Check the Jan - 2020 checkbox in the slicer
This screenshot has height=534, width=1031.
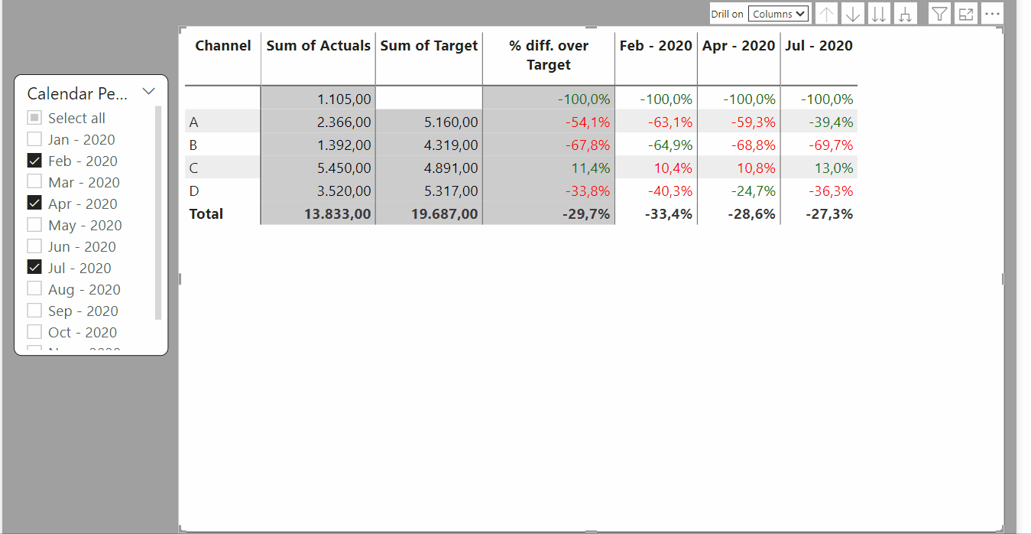pyautogui.click(x=34, y=139)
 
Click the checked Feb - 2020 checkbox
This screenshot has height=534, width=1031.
pyautogui.click(x=34, y=161)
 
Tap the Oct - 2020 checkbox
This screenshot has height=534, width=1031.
pyautogui.click(x=34, y=332)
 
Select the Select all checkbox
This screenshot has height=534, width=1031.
pyautogui.click(x=34, y=118)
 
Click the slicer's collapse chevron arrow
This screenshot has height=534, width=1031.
pyautogui.click(x=149, y=91)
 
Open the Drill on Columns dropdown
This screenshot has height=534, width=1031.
pyautogui.click(x=778, y=14)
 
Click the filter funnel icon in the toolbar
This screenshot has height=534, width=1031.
pyautogui.click(x=939, y=14)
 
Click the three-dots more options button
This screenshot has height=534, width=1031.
pyautogui.click(x=992, y=14)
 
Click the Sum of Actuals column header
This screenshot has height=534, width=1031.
pyautogui.click(x=318, y=46)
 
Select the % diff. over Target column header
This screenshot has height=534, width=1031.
pyautogui.click(x=549, y=55)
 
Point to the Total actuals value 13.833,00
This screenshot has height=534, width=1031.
pyautogui.click(x=337, y=213)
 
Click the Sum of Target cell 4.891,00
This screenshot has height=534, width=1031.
pyautogui.click(x=451, y=168)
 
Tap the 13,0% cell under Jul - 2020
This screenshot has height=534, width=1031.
pyautogui.click(x=834, y=168)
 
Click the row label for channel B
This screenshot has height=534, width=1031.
pyautogui.click(x=193, y=145)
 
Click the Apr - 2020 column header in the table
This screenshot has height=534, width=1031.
pyautogui.click(x=738, y=46)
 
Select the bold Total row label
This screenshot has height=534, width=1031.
pyautogui.click(x=206, y=213)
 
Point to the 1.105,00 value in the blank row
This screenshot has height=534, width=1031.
pyautogui.click(x=344, y=99)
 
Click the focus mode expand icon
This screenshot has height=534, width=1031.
pyautogui.click(x=965, y=14)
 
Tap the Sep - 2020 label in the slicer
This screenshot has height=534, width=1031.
pyautogui.click(x=83, y=311)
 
